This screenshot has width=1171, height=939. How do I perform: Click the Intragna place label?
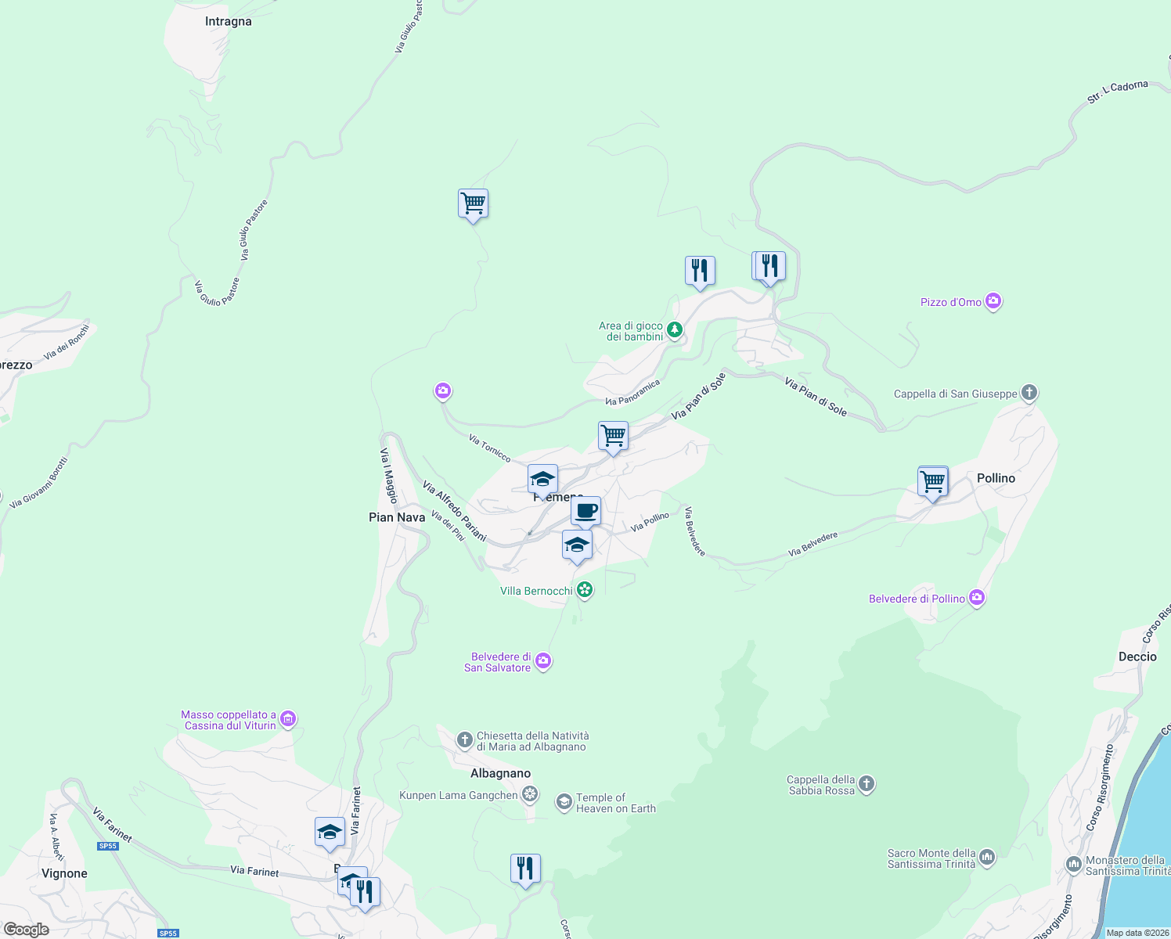pyautogui.click(x=228, y=22)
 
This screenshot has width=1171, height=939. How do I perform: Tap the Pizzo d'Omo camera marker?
pyautogui.click(x=993, y=301)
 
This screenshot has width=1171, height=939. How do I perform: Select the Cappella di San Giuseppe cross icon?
pyautogui.click(x=1029, y=393)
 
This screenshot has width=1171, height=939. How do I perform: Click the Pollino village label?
pyautogui.click(x=996, y=478)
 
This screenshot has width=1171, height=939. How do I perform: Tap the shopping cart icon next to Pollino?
pyautogui.click(x=933, y=482)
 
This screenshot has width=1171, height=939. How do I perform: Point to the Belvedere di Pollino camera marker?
pyautogui.click(x=976, y=599)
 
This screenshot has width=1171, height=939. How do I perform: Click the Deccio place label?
pyautogui.click(x=1137, y=657)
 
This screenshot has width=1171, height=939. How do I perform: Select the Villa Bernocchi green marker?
pyautogui.click(x=584, y=590)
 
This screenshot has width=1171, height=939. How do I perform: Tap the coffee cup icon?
pyautogui.click(x=585, y=512)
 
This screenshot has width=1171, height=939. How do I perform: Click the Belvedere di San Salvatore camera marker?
pyautogui.click(x=543, y=662)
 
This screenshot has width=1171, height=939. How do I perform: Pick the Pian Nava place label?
pyautogui.click(x=397, y=517)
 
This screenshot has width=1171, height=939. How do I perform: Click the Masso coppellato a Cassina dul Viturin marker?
pyautogui.click(x=288, y=719)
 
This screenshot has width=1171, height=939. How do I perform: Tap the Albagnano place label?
pyautogui.click(x=500, y=773)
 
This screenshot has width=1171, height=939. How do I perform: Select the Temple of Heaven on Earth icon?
pyautogui.click(x=564, y=802)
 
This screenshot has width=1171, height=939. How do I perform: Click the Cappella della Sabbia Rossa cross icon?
pyautogui.click(x=866, y=784)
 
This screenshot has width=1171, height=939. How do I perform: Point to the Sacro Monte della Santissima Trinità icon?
pyautogui.click(x=987, y=858)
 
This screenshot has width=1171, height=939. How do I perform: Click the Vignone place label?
pyautogui.click(x=64, y=873)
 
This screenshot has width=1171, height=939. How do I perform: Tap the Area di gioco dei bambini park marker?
pyautogui.click(x=674, y=330)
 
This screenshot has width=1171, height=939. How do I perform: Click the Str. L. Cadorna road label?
pyautogui.click(x=1117, y=92)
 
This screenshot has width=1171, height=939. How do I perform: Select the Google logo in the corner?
pyautogui.click(x=26, y=930)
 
